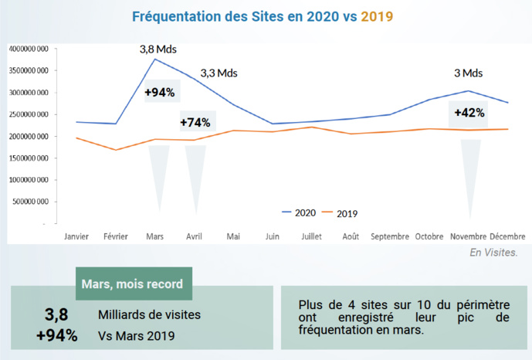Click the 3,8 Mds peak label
tap(158, 49)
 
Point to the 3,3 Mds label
tap(219, 73)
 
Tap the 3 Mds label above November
tap(468, 73)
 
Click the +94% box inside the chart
tap(160, 93)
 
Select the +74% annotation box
tap(195, 122)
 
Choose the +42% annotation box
tap(469, 112)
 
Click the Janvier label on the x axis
tap(77, 236)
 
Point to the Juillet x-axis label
tap(311, 236)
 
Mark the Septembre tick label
tap(389, 236)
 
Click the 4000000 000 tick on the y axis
tap(29, 49)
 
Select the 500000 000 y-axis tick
tap(31, 202)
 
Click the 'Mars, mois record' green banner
tap(133, 284)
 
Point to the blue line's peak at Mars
tap(156, 59)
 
